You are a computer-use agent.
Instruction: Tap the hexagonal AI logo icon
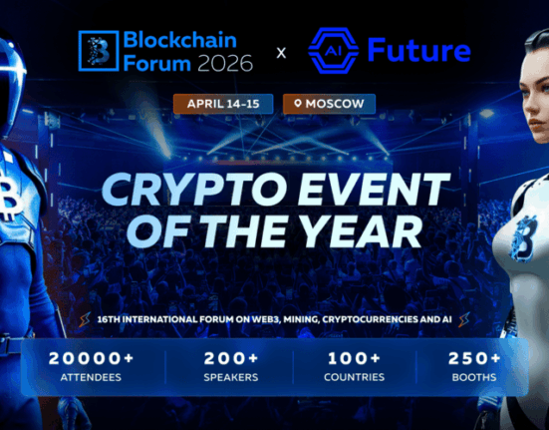pos(332,50)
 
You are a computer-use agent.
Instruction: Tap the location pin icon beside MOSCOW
pos(296,103)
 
